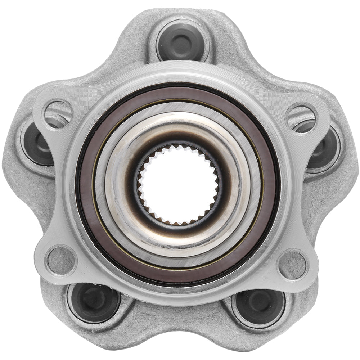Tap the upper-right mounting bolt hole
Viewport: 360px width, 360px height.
[x=301, y=117]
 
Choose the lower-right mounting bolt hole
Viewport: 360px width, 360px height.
[x=292, y=265]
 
